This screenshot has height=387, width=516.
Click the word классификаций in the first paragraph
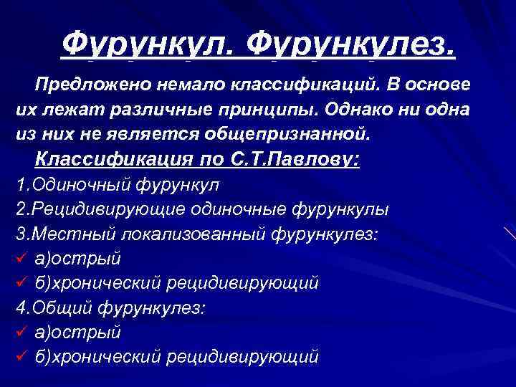pyautogui.click(x=300, y=85)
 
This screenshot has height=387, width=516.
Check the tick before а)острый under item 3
pyautogui.click(x=21, y=258)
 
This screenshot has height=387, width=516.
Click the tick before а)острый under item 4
pyautogui.click(x=21, y=333)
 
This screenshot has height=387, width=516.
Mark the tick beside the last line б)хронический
pyautogui.click(x=21, y=357)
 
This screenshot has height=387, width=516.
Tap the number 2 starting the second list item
pyautogui.click(x=19, y=209)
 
